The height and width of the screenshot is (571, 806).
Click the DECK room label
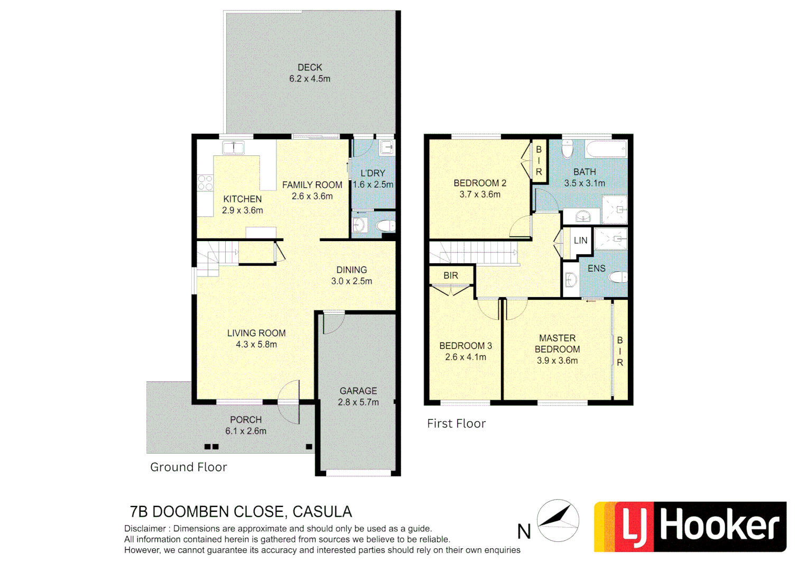[310, 68]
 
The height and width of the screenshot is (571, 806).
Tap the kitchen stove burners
[205, 183]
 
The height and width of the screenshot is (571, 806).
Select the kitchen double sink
[233, 148]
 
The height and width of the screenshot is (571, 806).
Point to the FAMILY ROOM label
[312, 185]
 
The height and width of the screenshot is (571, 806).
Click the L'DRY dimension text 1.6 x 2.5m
[373, 185]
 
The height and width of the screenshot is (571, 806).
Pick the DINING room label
[351, 270]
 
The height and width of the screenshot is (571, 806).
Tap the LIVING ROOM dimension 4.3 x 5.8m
[256, 344]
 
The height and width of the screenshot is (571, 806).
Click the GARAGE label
[358, 391]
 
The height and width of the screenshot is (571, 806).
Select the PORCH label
[246, 420]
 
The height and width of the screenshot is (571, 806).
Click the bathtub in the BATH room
[606, 149]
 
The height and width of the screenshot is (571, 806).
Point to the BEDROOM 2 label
[480, 183]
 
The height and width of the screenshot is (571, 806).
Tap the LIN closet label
[580, 241]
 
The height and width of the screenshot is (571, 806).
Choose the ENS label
[596, 269]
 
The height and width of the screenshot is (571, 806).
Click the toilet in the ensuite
[618, 277]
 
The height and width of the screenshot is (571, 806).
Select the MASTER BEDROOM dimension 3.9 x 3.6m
[557, 361]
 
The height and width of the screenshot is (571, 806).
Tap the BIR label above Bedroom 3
[450, 275]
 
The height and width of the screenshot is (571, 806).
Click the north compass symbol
[558, 520]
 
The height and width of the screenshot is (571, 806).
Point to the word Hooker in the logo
[719, 527]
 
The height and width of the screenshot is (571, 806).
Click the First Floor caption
[456, 423]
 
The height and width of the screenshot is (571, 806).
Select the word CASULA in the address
[322, 512]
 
